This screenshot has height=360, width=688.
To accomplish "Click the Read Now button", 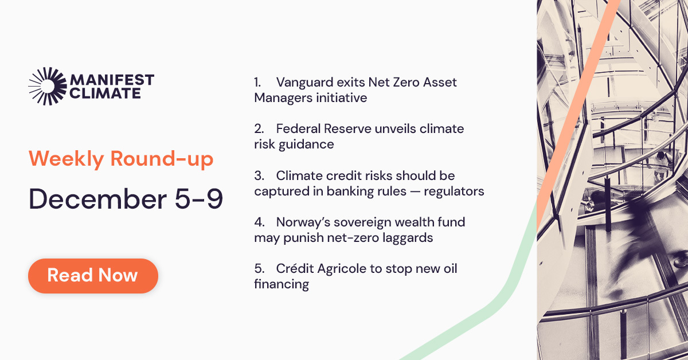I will point(93,276).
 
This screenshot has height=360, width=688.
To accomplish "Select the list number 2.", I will point(259,128).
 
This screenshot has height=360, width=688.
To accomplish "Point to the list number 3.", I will point(259,175).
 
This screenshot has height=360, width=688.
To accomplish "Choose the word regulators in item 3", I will point(454,191).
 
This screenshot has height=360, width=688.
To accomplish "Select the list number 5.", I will point(259,268).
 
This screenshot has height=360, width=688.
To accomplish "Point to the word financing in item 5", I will point(282,284).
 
